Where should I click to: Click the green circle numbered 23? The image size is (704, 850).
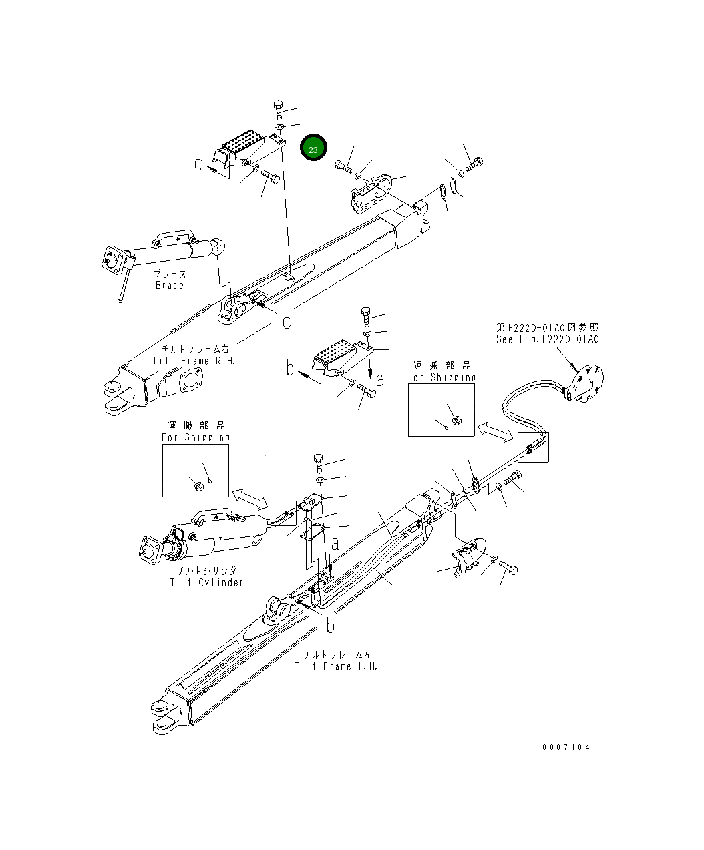point(313,148)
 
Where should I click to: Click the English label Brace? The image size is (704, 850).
point(169,285)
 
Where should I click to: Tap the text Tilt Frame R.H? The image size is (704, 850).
point(194,361)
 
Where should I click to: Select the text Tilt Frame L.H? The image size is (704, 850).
point(337,666)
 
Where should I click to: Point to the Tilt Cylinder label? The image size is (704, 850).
point(206,582)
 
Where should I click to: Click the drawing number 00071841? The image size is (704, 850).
point(569,747)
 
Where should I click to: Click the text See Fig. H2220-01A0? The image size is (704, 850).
point(548,339)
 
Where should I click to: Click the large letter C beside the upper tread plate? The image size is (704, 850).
point(199,164)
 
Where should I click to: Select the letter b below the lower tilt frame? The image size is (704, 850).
point(329,626)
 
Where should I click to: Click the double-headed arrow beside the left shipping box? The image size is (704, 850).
point(249,497)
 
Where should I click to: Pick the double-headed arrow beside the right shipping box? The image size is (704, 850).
point(495,433)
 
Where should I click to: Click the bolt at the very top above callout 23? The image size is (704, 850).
point(279,109)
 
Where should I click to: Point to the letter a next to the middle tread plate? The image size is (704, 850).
point(380,379)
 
